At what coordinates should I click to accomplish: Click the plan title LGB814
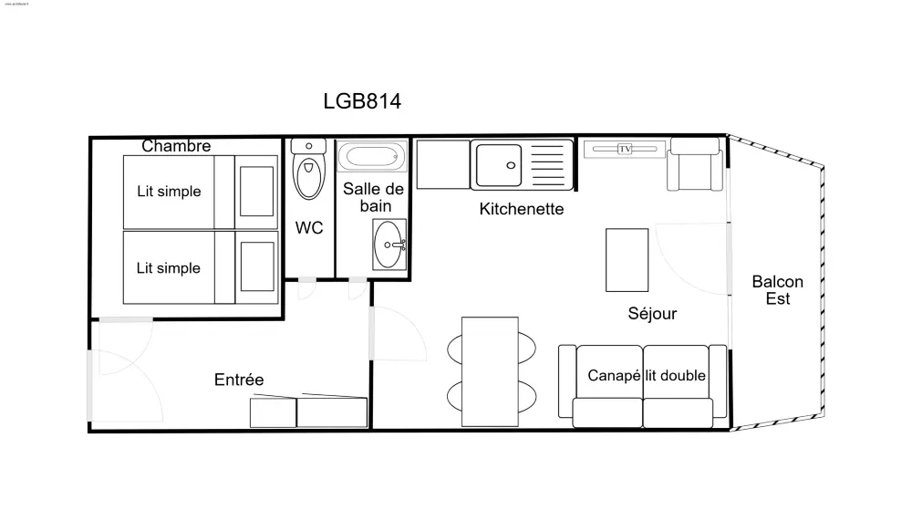coord(362,100)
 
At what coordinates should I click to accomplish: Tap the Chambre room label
coord(176,146)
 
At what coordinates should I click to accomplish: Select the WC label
coord(309,228)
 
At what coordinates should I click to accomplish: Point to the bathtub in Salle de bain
coord(370,157)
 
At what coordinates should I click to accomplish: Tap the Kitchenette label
coord(522,209)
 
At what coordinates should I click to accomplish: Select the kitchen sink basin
coord(498,164)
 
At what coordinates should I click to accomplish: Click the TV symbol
coord(625,149)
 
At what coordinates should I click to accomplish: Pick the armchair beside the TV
coord(695,167)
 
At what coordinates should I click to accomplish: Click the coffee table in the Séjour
coord(627,258)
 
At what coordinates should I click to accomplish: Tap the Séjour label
coord(652,314)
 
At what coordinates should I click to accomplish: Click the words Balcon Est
coord(777,290)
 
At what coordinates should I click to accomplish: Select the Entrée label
coord(239,380)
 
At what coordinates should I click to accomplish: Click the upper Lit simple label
coord(169,192)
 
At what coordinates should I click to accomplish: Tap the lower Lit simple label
coord(169,268)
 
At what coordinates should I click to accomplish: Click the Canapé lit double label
coord(647,375)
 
